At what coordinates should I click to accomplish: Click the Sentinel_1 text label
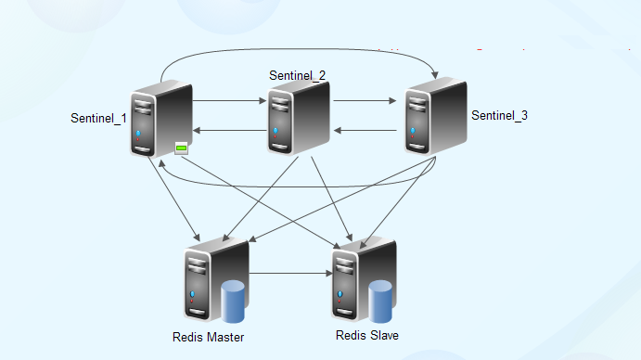(98, 119)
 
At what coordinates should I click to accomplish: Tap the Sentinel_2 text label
(297, 75)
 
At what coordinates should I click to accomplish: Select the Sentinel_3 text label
(499, 116)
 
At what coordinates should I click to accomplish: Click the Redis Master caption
(209, 337)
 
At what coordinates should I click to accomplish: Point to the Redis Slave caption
(367, 334)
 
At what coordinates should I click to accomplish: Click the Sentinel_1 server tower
(160, 121)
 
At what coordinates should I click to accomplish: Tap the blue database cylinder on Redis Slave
(381, 299)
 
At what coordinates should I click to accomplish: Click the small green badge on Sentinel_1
(182, 148)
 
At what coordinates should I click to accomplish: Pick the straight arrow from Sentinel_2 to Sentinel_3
(367, 98)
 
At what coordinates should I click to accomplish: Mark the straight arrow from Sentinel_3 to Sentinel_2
(367, 131)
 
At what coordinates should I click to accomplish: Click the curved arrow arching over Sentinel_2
(297, 46)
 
